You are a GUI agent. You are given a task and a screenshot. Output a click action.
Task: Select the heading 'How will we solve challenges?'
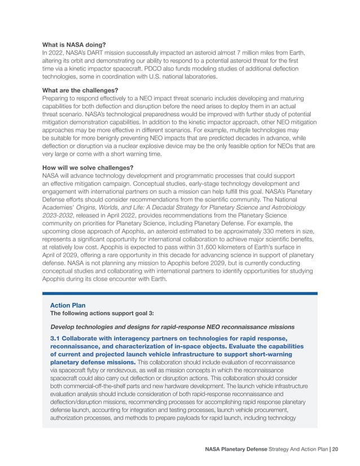(87, 168)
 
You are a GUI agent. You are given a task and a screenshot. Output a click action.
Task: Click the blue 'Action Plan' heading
(68, 305)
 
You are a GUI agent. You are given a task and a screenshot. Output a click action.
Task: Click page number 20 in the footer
(335, 449)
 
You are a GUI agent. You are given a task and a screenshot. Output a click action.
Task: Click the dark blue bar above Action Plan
(179, 293)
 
